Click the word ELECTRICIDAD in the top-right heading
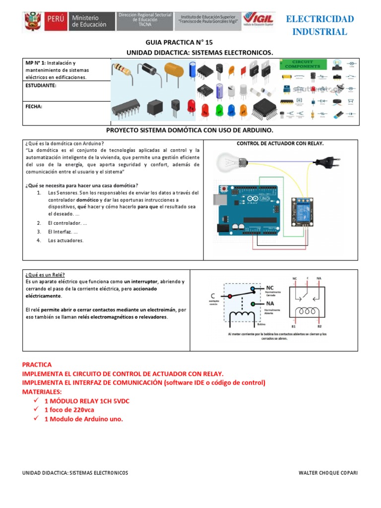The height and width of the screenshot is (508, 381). pos(320,19)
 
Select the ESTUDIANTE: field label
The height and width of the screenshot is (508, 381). pos(41,85)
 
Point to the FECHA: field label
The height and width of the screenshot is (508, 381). pos(34,106)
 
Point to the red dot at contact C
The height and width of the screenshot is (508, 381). pos(229,297)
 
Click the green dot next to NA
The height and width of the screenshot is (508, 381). pos(253,304)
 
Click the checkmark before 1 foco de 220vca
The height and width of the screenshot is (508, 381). pos(36,410)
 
